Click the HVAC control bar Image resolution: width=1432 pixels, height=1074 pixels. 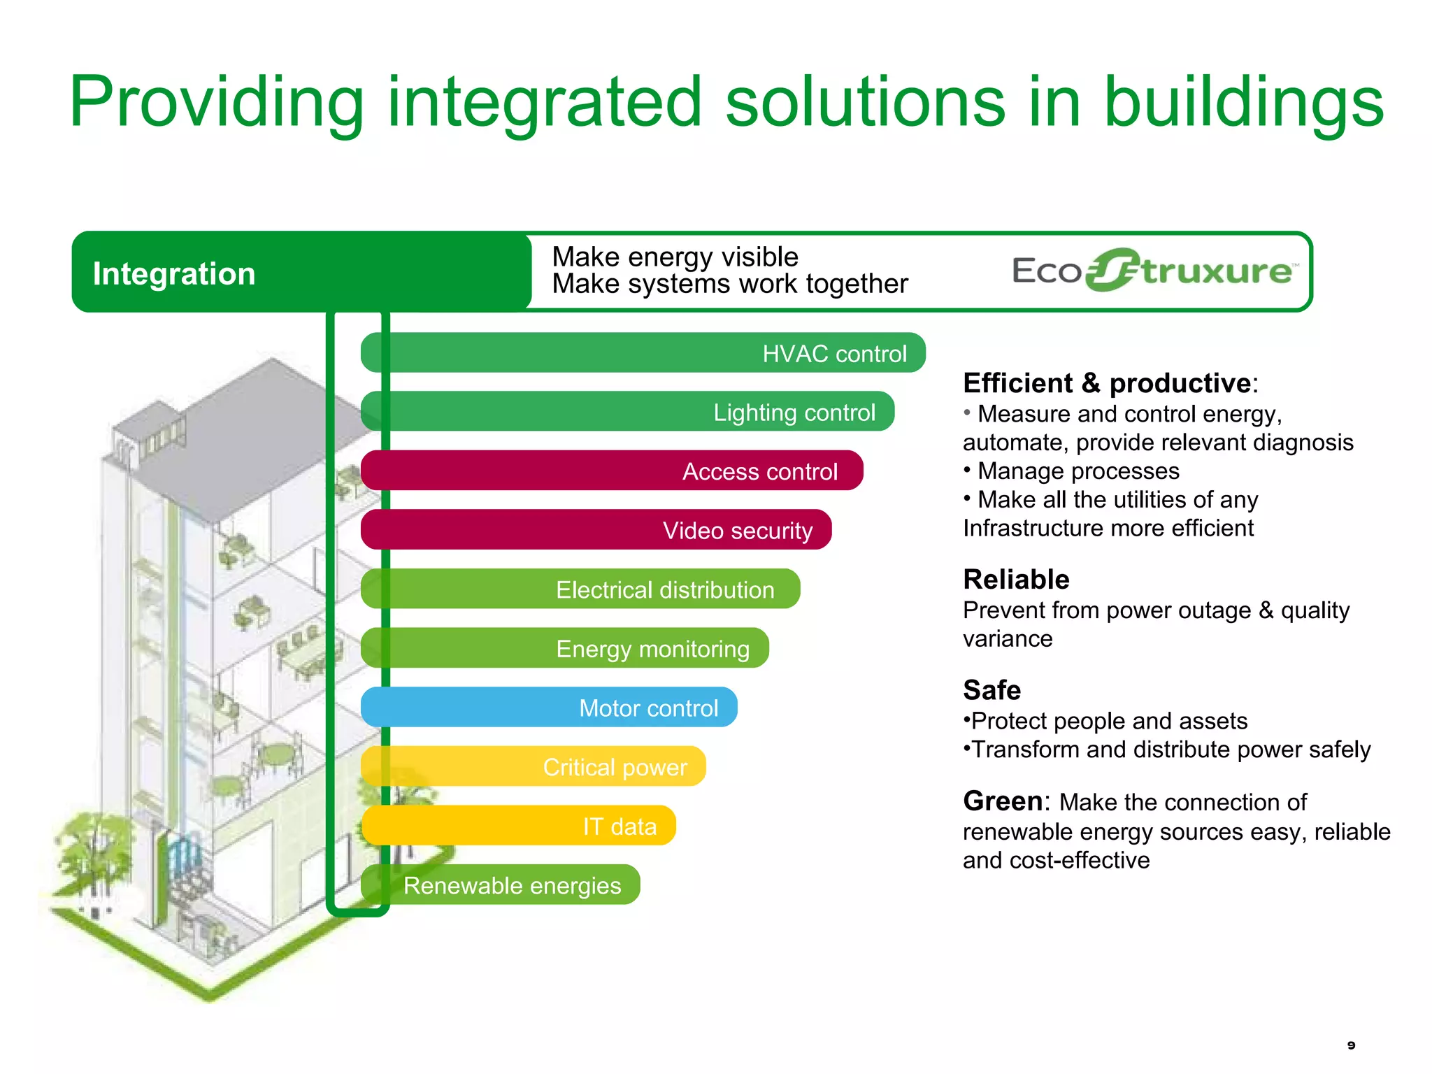point(643,353)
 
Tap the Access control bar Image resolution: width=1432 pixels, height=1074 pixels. point(613,471)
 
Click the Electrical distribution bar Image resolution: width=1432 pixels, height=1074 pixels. point(580,589)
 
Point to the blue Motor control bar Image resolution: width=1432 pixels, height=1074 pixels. point(549,707)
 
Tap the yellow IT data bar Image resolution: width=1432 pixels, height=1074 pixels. point(518,826)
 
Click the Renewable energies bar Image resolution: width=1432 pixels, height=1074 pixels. point(501,885)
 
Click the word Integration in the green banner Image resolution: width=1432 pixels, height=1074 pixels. point(174,273)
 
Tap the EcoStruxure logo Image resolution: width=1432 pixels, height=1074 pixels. point(1154,271)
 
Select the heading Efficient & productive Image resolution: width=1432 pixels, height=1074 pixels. point(1108,383)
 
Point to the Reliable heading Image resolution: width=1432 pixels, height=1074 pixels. point(1016,580)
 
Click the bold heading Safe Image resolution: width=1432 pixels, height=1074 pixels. point(991,690)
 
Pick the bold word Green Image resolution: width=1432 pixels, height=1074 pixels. point(1003,801)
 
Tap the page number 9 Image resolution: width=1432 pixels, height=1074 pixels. point(1351,1045)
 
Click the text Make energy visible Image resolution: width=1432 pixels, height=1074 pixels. point(675,257)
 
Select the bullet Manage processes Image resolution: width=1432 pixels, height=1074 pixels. point(1077,471)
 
